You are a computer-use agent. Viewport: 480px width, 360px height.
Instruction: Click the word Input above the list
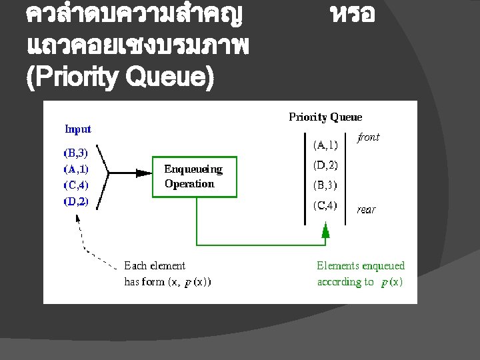(x=78, y=129)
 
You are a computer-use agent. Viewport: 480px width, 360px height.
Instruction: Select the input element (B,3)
(x=75, y=152)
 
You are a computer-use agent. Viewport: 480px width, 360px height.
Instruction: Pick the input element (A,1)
(x=75, y=169)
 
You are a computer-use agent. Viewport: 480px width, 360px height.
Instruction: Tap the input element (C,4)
(x=75, y=185)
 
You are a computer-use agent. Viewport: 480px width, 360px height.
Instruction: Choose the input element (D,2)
(x=75, y=201)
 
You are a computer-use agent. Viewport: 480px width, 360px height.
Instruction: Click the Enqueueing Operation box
(x=195, y=177)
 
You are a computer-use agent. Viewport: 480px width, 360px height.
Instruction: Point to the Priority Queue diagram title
(x=325, y=117)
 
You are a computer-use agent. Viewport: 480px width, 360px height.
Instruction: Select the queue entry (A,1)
(x=325, y=144)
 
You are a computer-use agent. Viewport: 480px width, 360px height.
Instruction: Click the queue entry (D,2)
(x=325, y=165)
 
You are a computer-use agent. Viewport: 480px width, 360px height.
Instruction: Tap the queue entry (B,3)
(x=325, y=185)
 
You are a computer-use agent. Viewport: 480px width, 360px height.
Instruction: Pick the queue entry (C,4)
(x=325, y=205)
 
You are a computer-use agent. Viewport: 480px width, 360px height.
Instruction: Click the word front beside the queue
(x=368, y=137)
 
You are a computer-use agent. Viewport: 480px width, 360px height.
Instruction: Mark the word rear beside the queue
(x=367, y=209)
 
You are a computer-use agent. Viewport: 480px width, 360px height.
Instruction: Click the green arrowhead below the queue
(x=325, y=231)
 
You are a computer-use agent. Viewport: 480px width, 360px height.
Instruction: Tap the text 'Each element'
(x=155, y=266)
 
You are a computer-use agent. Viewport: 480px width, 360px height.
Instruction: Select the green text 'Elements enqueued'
(x=360, y=266)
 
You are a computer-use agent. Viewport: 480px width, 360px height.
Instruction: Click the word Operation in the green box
(x=189, y=184)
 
